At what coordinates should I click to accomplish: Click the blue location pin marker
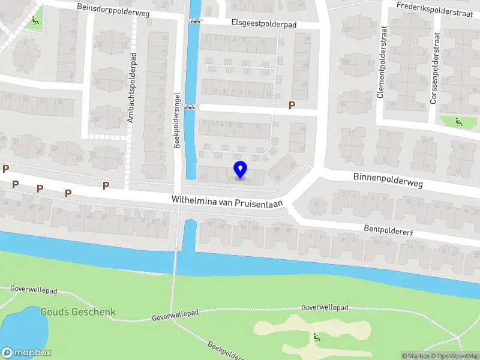click(x=240, y=169)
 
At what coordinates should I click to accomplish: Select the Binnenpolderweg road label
click(x=387, y=177)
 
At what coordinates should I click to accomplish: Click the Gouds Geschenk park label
click(x=78, y=312)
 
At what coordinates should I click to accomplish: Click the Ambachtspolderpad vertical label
click(x=131, y=88)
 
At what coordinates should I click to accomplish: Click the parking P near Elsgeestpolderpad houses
click(x=292, y=106)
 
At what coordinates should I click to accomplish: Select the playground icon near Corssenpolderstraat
click(x=459, y=122)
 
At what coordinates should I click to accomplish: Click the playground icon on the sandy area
click(x=316, y=337)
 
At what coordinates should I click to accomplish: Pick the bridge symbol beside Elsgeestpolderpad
click(x=194, y=22)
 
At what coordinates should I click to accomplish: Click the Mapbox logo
click(x=26, y=353)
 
